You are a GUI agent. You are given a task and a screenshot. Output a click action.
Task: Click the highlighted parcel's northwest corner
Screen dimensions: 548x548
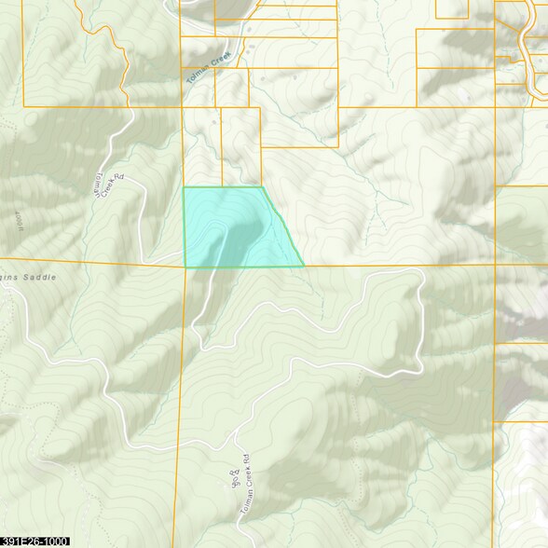(x=183, y=187)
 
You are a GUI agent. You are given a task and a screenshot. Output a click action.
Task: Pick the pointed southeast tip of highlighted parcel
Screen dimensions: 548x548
(x=304, y=267)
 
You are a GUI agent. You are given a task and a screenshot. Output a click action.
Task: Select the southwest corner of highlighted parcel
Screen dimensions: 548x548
(x=185, y=267)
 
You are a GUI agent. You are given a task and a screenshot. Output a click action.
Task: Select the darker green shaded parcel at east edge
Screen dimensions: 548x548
(x=521, y=224)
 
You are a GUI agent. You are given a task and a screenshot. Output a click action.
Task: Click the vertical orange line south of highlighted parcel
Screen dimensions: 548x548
(x=180, y=391)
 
